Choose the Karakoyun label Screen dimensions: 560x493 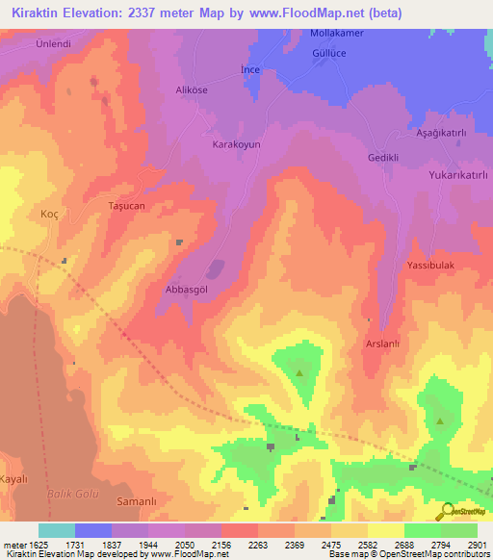pos(236,143)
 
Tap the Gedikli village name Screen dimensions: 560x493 pos(382,157)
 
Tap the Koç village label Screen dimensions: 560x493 pos(49,214)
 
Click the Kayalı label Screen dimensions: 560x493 pos(14,477)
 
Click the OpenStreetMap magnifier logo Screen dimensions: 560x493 pos(446,513)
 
